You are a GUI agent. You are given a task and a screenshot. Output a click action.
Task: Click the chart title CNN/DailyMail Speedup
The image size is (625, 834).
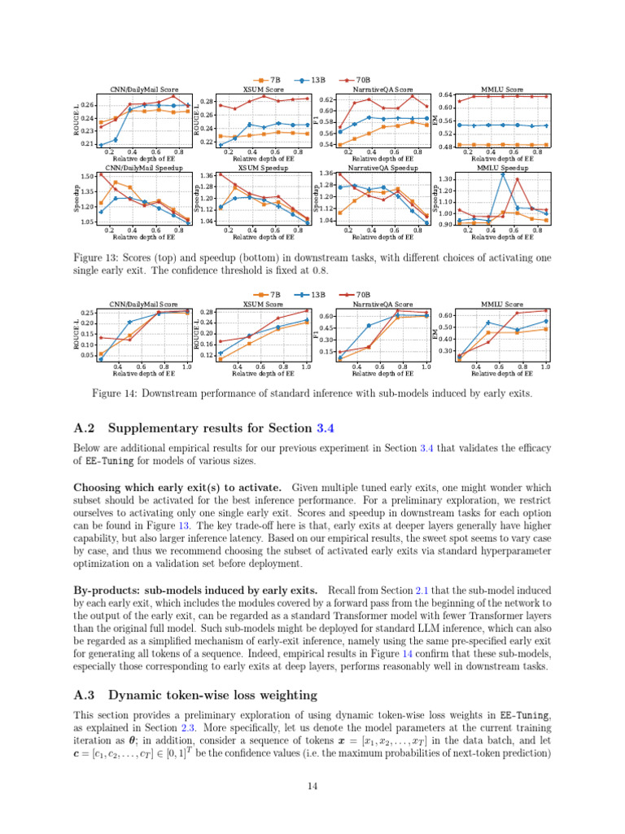[144, 168]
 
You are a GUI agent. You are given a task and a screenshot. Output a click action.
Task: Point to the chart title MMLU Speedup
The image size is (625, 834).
[502, 168]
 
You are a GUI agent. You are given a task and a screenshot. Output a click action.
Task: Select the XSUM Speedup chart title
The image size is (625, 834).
[264, 168]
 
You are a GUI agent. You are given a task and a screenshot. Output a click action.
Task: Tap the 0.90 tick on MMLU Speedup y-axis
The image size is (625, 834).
[446, 224]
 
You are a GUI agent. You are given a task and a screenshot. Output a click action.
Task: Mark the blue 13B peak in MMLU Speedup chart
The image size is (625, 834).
[503, 174]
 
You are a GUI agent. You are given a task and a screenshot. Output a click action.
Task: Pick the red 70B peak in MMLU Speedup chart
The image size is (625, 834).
[517, 180]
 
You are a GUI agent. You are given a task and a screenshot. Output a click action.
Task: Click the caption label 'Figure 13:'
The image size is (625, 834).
[95, 258]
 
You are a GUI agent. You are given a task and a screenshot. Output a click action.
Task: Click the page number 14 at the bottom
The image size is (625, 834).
[312, 786]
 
